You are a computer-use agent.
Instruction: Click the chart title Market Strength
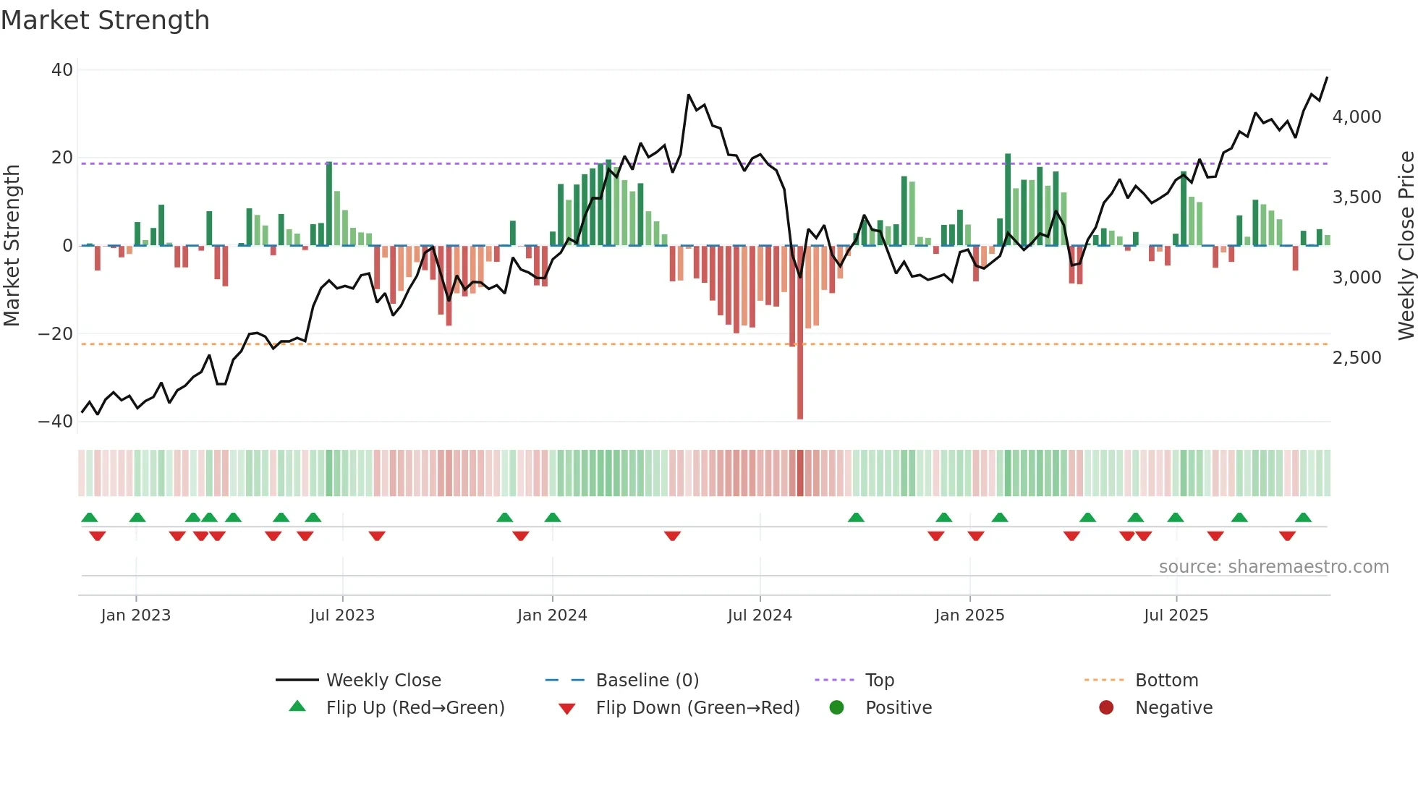105,20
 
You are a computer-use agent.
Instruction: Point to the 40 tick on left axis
62,70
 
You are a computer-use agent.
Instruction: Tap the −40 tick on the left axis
56,421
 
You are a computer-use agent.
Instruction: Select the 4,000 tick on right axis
1357,117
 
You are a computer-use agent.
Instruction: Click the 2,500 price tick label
1357,358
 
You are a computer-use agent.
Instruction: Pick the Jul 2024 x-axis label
760,615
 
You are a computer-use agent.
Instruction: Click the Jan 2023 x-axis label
136,615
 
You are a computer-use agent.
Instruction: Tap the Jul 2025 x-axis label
1176,615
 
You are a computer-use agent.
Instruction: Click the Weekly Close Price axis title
1406,246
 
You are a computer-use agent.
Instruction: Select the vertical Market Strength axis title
12,246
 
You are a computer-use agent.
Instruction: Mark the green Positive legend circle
837,707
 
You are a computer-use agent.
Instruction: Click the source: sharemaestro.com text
1273,567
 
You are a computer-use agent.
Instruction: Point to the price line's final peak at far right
1327,77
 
